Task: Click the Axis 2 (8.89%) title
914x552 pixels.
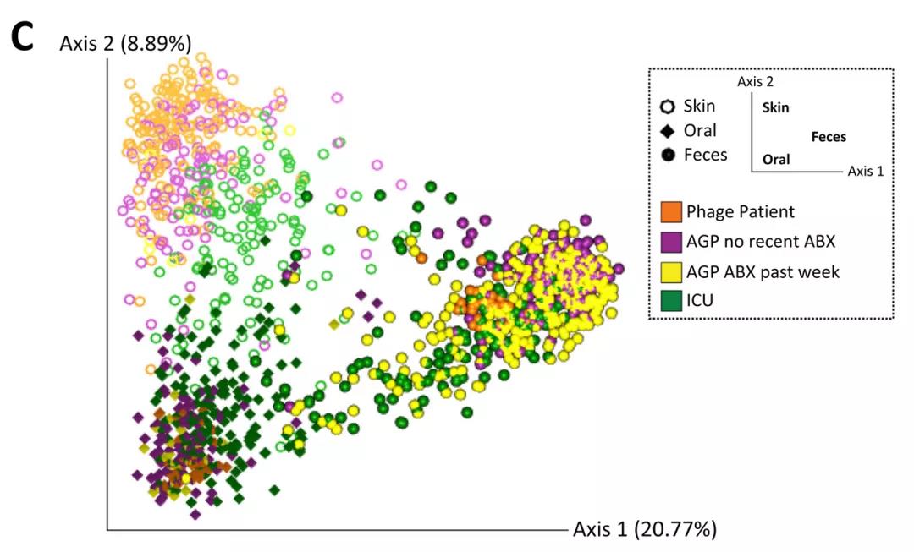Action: pos(125,42)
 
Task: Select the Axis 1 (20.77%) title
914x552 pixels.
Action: pos(645,530)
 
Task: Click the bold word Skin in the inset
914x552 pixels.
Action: pos(775,107)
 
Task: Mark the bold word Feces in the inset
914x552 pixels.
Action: pos(828,137)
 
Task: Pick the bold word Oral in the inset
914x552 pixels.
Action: pos(776,159)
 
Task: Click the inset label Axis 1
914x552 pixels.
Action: pos(866,171)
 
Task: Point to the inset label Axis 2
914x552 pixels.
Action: pos(755,82)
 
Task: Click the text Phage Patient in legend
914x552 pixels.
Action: pos(741,211)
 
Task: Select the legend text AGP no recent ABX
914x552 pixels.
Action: pos(761,242)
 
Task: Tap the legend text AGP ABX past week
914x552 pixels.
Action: pos(763,271)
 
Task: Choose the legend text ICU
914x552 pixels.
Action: pos(701,301)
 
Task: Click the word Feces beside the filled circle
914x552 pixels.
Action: pos(705,155)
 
